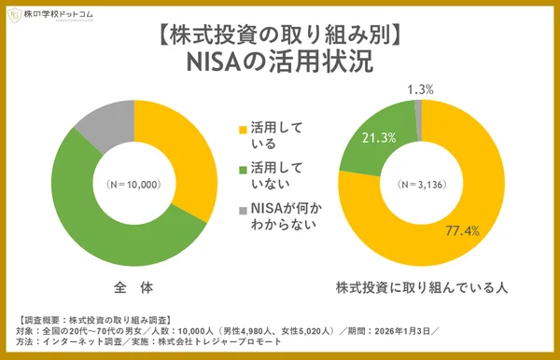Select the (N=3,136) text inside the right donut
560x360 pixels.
pyautogui.click(x=418, y=184)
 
